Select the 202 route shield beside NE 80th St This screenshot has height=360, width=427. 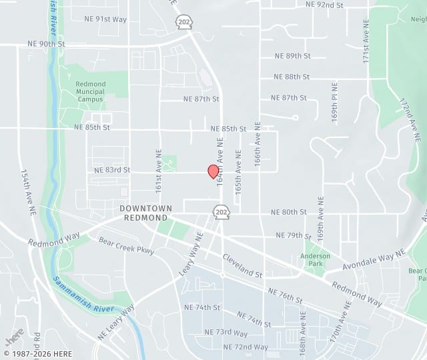point(221,212)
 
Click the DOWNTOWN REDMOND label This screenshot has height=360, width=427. point(143,213)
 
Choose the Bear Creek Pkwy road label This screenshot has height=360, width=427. point(126,246)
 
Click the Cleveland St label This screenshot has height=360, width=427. point(242,265)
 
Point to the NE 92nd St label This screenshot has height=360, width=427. point(324,5)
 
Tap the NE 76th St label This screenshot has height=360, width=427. point(285,295)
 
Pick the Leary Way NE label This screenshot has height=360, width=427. point(190,255)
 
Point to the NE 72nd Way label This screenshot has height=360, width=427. point(246,347)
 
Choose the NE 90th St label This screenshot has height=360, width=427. point(47,43)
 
